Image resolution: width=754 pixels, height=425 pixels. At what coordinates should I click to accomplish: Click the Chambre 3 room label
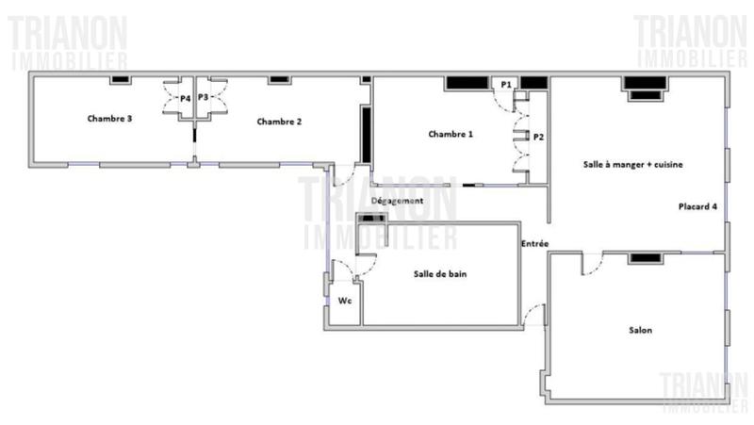pyautogui.click(x=109, y=119)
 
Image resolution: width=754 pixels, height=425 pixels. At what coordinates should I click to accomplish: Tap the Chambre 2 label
pyautogui.click(x=279, y=121)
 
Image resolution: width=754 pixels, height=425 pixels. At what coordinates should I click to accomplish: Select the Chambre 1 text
pyautogui.click(x=451, y=134)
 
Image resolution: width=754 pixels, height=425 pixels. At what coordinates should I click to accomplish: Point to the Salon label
pyautogui.click(x=641, y=330)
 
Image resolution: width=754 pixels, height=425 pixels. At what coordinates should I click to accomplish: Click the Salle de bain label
pyautogui.click(x=440, y=274)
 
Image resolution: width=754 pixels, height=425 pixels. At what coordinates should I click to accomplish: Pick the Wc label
pyautogui.click(x=345, y=301)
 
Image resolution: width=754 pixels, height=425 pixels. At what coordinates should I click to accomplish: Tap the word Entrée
pyautogui.click(x=535, y=244)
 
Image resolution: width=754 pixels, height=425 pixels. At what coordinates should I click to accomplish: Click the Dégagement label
pyautogui.click(x=397, y=201)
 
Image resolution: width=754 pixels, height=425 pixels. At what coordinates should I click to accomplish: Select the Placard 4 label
pyautogui.click(x=698, y=205)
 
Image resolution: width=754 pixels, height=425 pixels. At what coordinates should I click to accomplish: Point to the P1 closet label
pyautogui.click(x=506, y=85)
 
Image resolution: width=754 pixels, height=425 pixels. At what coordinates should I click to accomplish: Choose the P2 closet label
pyautogui.click(x=538, y=137)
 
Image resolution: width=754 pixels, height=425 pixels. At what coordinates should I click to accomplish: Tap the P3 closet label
pyautogui.click(x=203, y=96)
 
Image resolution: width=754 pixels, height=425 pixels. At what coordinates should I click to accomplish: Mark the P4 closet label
pyautogui.click(x=185, y=97)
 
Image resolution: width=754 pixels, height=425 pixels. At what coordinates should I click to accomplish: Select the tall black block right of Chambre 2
pyautogui.click(x=366, y=133)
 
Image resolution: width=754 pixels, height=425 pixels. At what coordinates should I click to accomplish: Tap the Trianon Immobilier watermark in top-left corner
pyautogui.click(x=68, y=42)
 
